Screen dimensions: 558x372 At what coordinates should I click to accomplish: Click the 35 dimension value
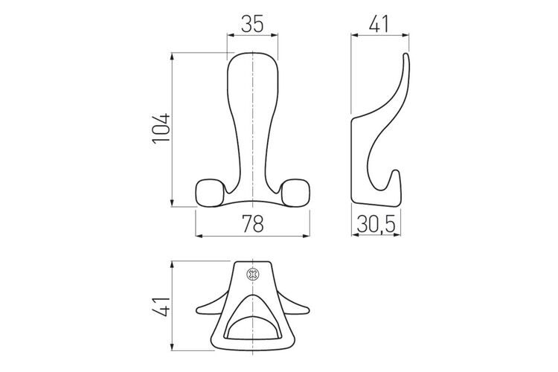pos(252,24)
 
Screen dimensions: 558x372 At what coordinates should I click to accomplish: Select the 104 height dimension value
pos(161,129)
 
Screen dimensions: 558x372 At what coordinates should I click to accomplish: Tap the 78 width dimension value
pos(253,223)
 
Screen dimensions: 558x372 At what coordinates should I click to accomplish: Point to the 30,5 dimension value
pos(376,225)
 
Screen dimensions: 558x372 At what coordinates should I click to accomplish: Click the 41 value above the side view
pos(379,24)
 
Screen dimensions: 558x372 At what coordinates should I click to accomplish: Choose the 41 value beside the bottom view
pos(161,306)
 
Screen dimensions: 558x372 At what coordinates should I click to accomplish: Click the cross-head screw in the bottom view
pos(253,274)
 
